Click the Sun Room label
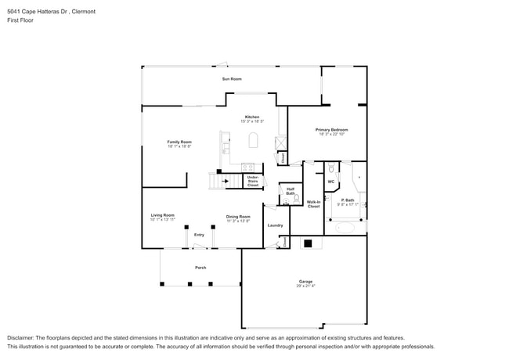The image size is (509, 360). pos(231,79)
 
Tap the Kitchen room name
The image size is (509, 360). pos(252,117)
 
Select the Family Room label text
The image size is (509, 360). pos(179,142)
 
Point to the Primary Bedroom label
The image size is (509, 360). pos(331,130)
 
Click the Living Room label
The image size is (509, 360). pos(163,215)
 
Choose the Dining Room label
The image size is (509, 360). pos(238,217)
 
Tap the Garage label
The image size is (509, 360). pos(305,282)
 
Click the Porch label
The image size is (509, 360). pos(200,268)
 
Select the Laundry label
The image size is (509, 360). pos(275,225)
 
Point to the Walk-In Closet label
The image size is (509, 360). pos(313,204)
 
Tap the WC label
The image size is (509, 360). pos(330,182)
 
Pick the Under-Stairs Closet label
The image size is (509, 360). pos(253,182)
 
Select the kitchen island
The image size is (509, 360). pos(253,141)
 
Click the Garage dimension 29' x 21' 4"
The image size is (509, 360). pos(305,286)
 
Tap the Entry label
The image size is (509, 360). pos(200,235)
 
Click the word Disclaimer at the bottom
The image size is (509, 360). pos(21,337)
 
